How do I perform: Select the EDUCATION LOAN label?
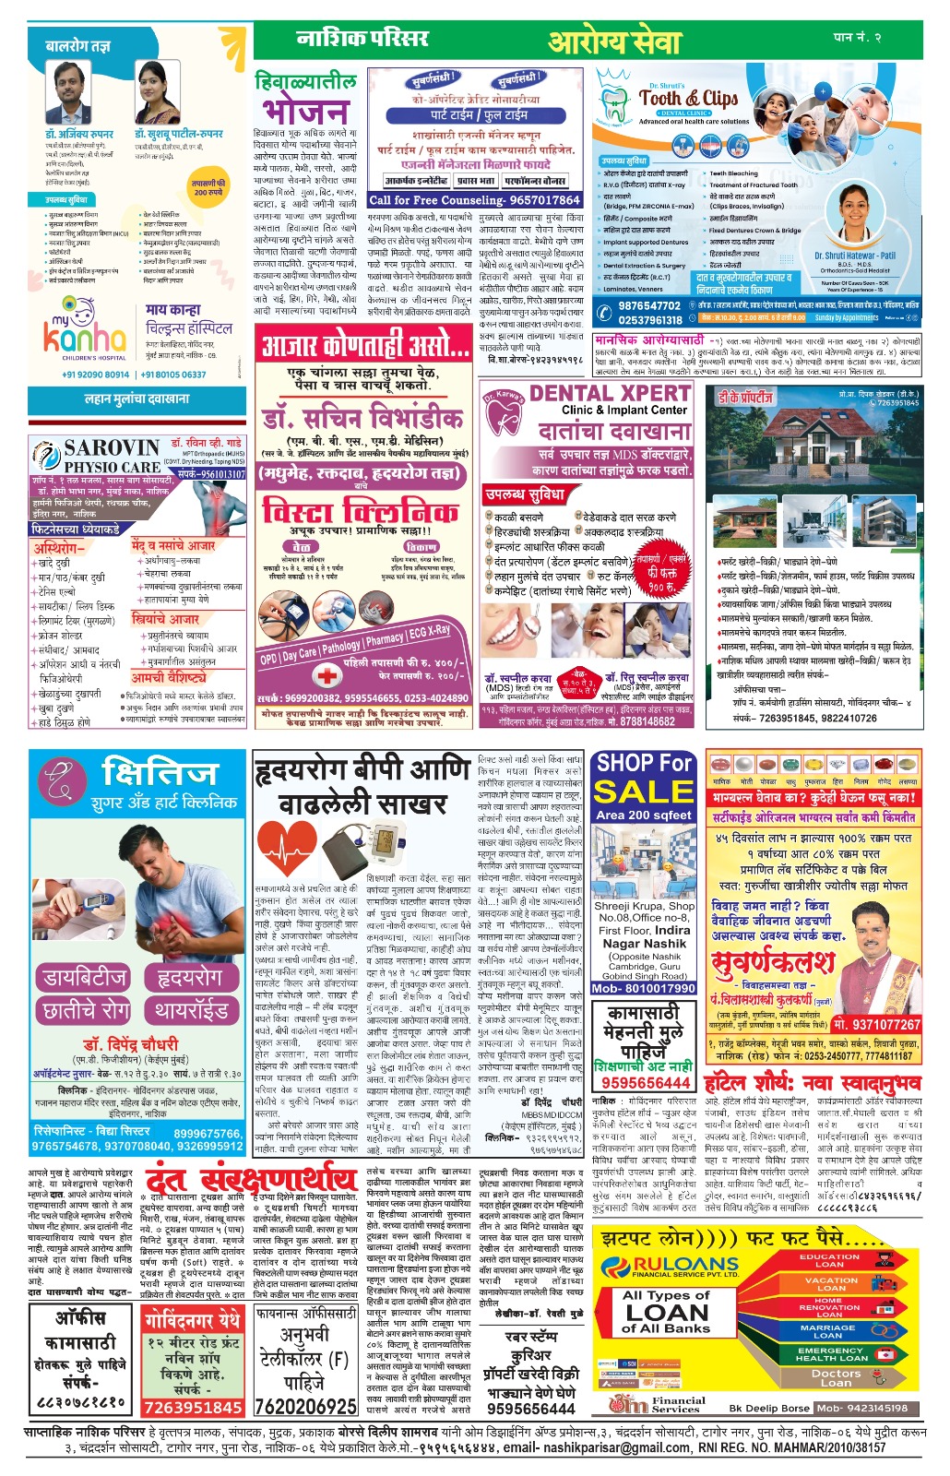point(829,1260)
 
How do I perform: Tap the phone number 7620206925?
point(305,1407)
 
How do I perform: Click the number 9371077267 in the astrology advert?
point(876,1024)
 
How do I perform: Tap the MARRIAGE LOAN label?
point(827,1331)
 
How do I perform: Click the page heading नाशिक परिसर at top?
point(362,39)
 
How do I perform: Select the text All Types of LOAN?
point(666,1310)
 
